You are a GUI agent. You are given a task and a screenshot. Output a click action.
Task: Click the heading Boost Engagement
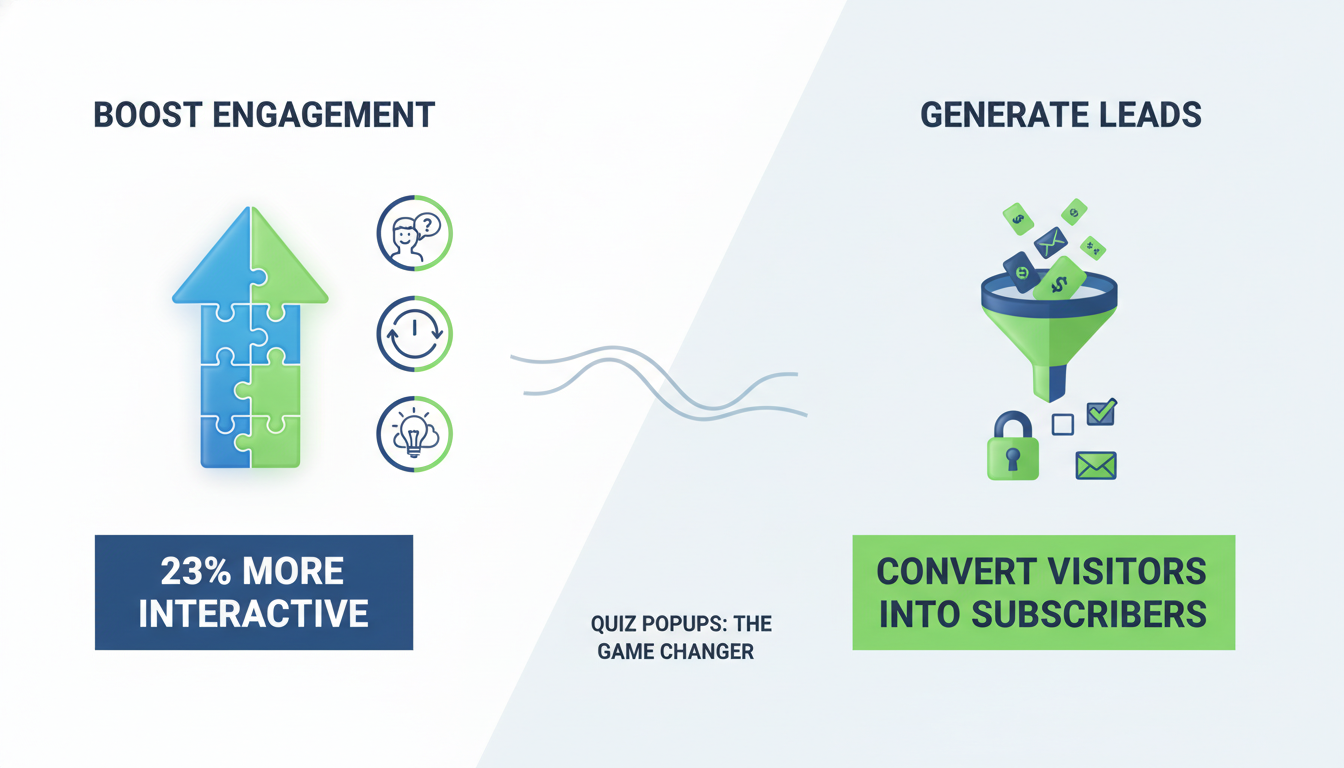tap(264, 114)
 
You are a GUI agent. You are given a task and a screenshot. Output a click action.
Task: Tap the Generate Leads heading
tap(1060, 115)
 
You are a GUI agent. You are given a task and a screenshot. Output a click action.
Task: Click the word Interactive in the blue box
tap(253, 613)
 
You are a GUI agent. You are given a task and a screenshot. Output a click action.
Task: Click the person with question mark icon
tap(414, 232)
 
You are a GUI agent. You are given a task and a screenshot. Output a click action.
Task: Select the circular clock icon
tap(414, 334)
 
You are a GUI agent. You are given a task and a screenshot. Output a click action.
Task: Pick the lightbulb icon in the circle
tap(414, 434)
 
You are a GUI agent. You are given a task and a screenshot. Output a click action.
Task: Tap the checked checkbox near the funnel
tap(1101, 412)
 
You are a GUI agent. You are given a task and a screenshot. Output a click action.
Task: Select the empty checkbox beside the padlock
tap(1063, 425)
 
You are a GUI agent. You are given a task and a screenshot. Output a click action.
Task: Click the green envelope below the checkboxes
tap(1096, 465)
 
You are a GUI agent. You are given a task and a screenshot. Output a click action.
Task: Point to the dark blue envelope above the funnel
tap(1050, 241)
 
